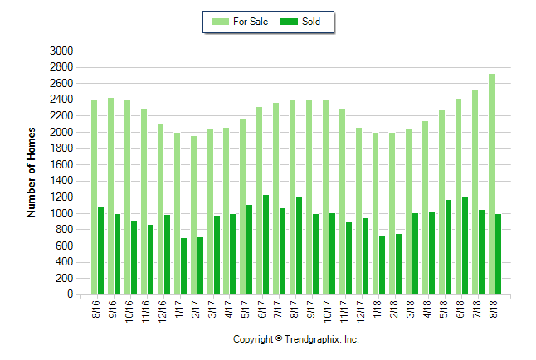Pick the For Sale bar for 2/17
[193, 215]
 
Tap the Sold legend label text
[312, 22]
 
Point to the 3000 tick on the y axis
[62, 51]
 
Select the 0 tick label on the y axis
[70, 294]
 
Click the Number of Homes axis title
[32, 173]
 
